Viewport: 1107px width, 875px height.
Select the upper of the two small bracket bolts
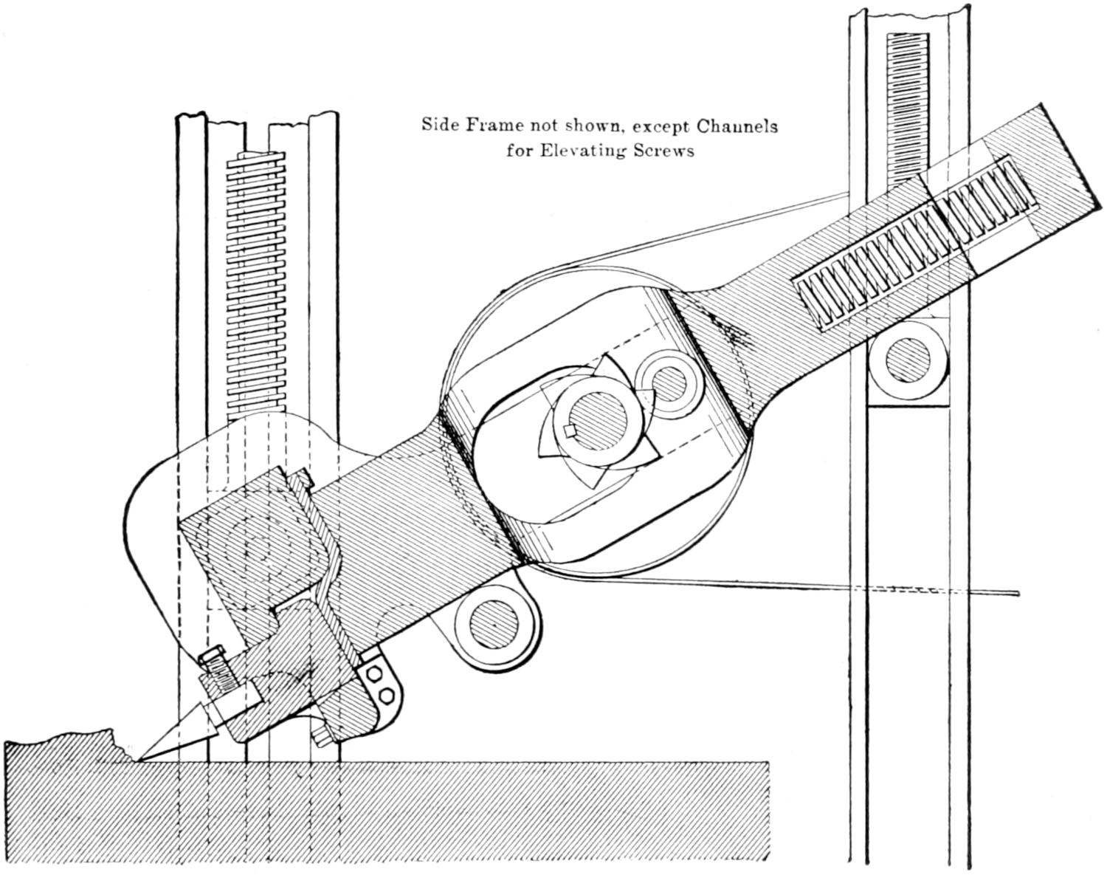(373, 674)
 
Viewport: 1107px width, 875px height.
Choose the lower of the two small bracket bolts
(384, 696)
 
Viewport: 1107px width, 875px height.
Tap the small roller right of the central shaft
(669, 380)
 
